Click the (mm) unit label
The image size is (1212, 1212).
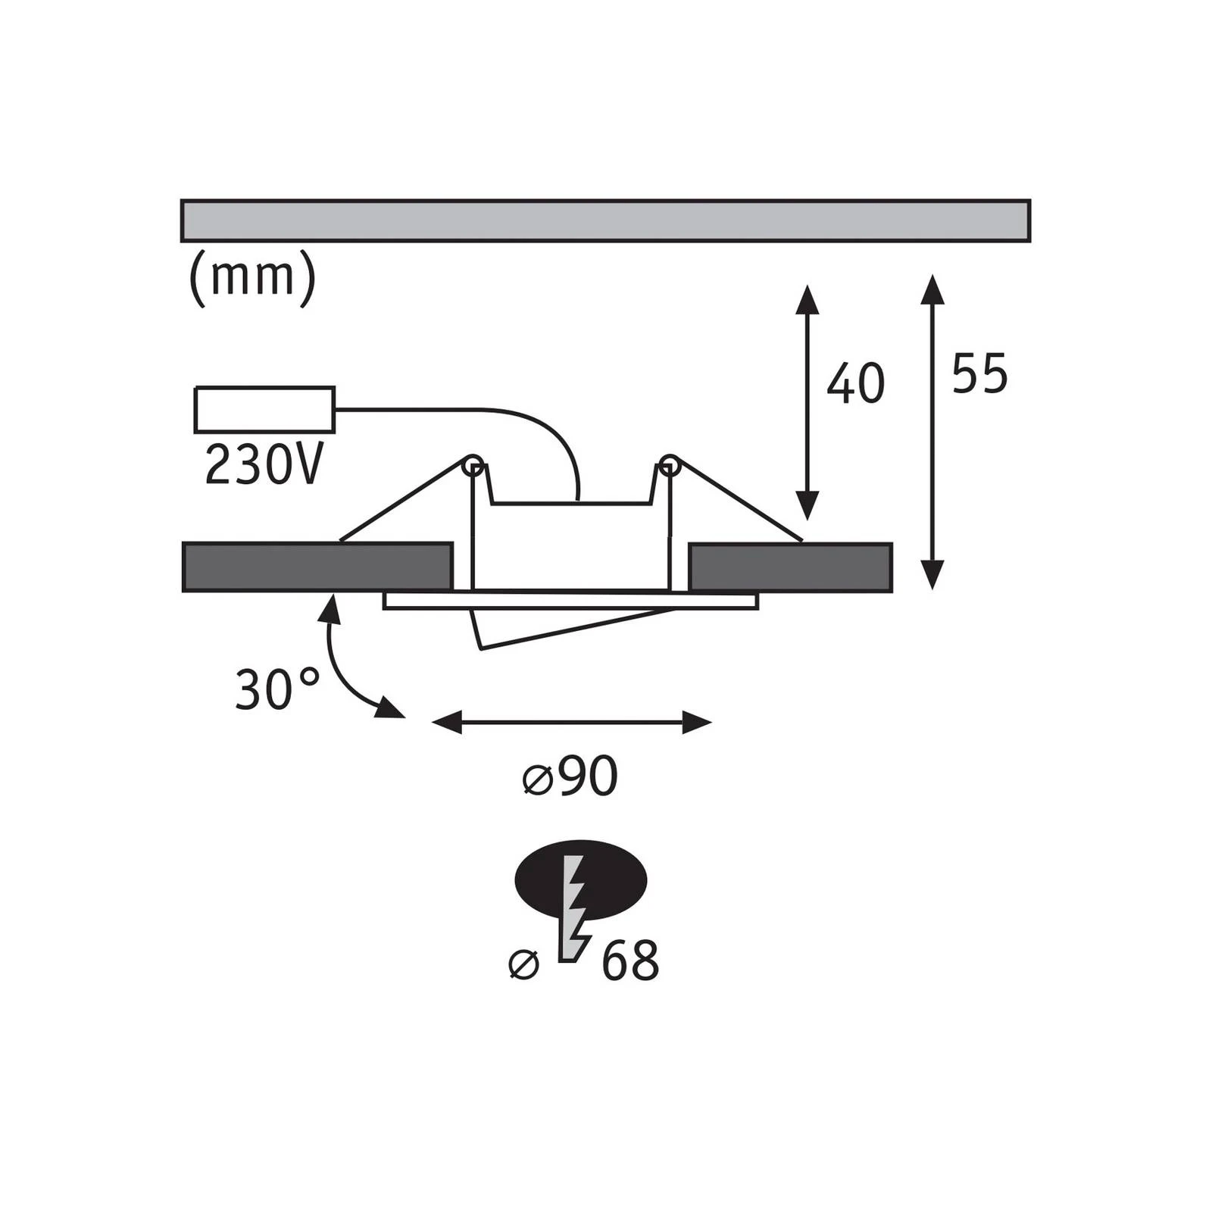252,276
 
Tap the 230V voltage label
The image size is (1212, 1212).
264,464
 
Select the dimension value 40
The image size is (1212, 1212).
855,383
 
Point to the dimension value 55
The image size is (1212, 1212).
979,373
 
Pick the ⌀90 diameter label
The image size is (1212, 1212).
570,776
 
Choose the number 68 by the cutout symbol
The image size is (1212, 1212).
630,961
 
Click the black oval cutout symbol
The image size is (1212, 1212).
581,880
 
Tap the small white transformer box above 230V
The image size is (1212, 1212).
265,410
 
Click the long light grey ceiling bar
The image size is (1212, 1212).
605,220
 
